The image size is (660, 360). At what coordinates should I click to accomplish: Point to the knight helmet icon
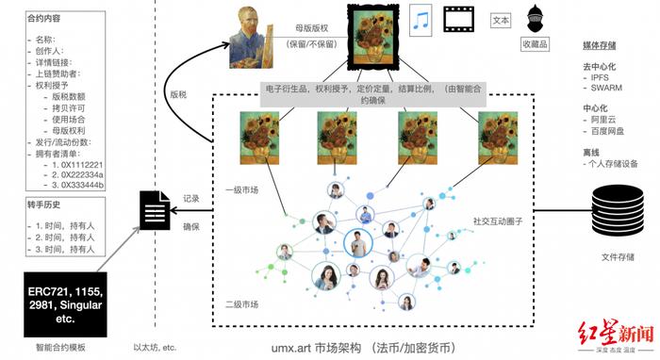click(535, 20)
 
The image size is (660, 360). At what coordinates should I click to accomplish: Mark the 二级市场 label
click(242, 303)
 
